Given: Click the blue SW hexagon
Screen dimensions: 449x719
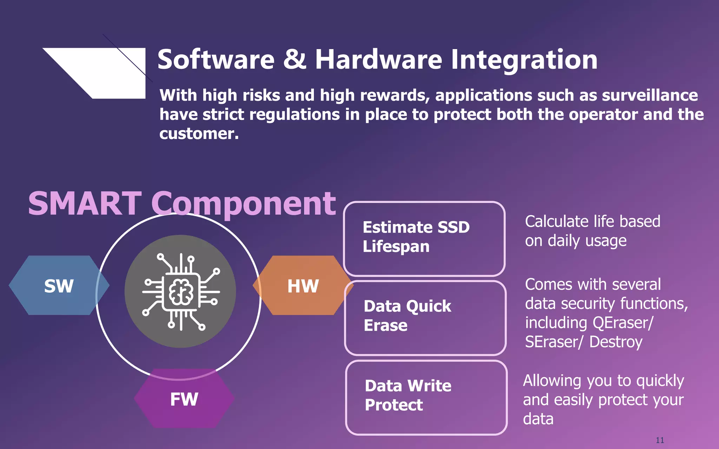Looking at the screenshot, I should pyautogui.click(x=58, y=286).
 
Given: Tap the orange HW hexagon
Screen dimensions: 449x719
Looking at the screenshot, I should pyautogui.click(x=303, y=286).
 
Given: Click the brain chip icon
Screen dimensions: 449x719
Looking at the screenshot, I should pyautogui.click(x=180, y=291).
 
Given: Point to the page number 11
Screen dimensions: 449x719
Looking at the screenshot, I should pyautogui.click(x=660, y=440).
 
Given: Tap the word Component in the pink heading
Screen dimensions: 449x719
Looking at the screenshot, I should pyautogui.click(x=244, y=204).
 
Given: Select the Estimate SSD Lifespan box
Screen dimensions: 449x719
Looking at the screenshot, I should pyautogui.click(x=424, y=239).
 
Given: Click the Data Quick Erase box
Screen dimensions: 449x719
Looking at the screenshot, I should pyautogui.click(x=425, y=317).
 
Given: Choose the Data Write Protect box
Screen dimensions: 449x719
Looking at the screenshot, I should pyautogui.click(x=426, y=397).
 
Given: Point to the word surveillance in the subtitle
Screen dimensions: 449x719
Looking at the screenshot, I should pyautogui.click(x=650, y=95).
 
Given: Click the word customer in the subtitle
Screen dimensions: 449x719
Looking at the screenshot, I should pyautogui.click(x=199, y=134).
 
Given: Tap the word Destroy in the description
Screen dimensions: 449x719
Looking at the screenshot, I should pyautogui.click(x=616, y=342).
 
